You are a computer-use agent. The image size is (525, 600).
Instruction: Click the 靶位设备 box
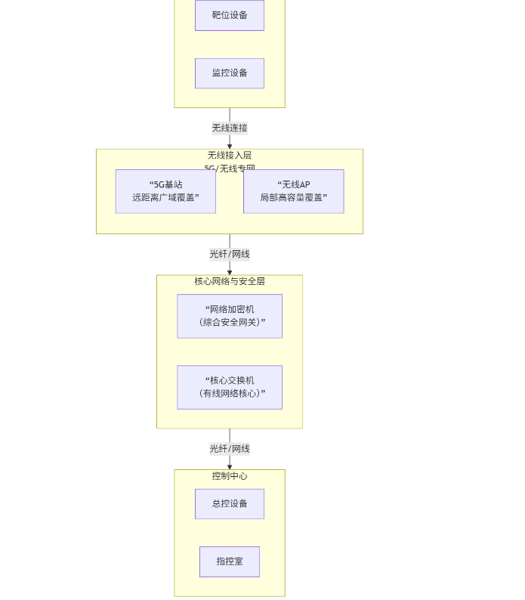[229, 15]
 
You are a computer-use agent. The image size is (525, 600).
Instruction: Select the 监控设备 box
[229, 73]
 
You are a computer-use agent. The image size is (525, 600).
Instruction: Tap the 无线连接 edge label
[229, 128]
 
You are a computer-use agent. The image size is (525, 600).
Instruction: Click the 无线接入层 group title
[229, 156]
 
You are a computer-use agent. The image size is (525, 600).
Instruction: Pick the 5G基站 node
[165, 191]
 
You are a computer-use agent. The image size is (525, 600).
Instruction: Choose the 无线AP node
[293, 191]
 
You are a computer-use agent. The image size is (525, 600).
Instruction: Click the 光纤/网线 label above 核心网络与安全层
[229, 254]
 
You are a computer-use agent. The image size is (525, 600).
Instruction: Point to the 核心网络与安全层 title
[229, 281]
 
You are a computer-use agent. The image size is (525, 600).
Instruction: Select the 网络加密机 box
[229, 316]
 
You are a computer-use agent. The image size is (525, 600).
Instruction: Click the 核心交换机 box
[229, 387]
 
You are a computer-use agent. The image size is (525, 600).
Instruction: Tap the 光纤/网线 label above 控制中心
[229, 449]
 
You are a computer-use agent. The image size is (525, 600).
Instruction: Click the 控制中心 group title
[229, 476]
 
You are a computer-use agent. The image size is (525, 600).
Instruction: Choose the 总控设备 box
[229, 504]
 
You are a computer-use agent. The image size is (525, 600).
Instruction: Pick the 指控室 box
[229, 561]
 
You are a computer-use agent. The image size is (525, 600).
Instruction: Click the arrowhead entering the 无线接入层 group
[230, 146]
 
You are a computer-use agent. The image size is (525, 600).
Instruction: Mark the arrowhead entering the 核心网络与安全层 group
[230, 272]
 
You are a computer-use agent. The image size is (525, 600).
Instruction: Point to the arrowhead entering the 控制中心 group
[230, 467]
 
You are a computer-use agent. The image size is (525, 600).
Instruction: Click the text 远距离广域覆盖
[165, 198]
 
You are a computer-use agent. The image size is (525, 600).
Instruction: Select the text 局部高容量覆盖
[293, 198]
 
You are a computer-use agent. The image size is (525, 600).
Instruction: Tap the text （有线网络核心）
[230, 394]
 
